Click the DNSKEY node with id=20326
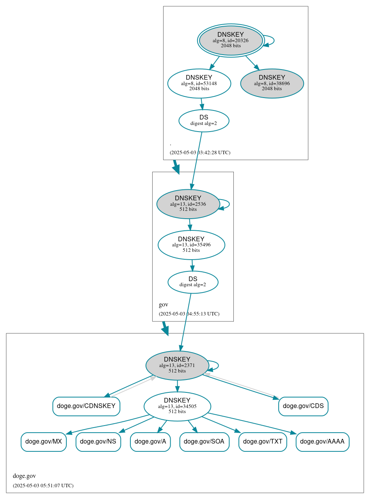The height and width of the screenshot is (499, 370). pos(231,40)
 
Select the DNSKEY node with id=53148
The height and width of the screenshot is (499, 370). pos(199,83)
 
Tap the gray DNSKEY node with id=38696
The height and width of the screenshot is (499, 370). pos(272,83)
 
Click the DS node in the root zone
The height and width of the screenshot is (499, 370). pos(204,120)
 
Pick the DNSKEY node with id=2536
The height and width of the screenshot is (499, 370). pos(188,204)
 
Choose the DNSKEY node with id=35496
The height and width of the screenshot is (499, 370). pos(191,245)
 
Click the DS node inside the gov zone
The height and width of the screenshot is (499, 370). pos(193,282)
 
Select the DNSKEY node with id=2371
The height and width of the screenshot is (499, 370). pos(177,365)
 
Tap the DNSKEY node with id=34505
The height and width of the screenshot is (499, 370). pos(177,406)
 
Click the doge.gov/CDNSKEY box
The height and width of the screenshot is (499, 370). pos(86,406)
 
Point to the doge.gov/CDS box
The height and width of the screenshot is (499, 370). pos(303,406)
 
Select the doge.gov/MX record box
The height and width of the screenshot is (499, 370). pos(44,442)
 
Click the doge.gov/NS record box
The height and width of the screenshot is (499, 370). pos(98,442)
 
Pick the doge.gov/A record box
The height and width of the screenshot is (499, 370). pos(150,442)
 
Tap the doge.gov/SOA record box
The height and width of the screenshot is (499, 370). pos(204,442)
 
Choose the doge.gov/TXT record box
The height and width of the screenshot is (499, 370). pos(263,442)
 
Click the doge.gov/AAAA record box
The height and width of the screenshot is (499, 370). pos(322,442)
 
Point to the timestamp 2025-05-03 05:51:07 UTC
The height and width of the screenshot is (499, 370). pos(43,486)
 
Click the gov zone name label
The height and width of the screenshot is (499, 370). pos(164,305)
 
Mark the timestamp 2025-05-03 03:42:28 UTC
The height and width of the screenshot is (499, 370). pos(200,152)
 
